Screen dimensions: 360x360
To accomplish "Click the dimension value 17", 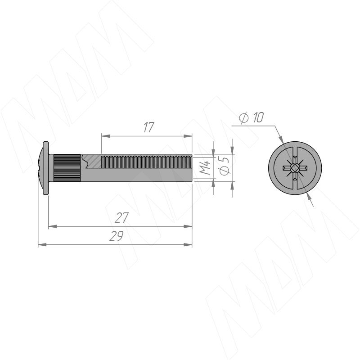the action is pyautogui.click(x=149, y=127).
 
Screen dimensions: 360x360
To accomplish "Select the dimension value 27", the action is pyautogui.click(x=121, y=218).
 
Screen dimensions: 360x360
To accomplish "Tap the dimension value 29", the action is pyautogui.click(x=117, y=236).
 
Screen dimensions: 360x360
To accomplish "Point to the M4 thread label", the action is pyautogui.click(x=205, y=167).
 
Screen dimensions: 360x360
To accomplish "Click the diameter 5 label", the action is pyautogui.click(x=225, y=166).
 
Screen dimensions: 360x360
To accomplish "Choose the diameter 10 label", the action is pyautogui.click(x=251, y=117).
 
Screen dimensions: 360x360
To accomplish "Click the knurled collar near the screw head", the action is pyautogui.click(x=67, y=168).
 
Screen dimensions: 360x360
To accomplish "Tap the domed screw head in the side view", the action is pyautogui.click(x=44, y=168).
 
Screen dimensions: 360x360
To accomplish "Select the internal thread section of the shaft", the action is pyautogui.click(x=147, y=162).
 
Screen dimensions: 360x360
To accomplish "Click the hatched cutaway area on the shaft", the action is pyautogui.click(x=92, y=161).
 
